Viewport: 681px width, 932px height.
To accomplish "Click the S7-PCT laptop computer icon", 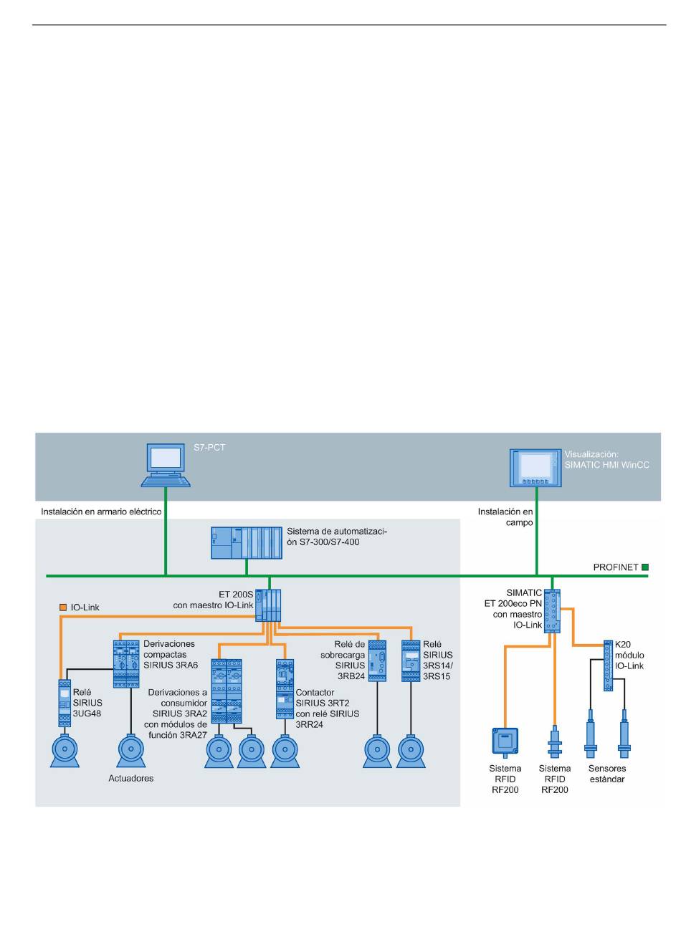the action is pos(166,465).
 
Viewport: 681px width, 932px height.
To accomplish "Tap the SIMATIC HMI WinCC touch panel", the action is pos(535,468).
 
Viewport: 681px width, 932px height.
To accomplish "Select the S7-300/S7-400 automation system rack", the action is pos(247,542).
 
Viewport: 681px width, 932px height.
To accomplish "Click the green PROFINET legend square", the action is pos(644,567).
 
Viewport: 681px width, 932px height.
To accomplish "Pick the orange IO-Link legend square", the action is pos(63,607).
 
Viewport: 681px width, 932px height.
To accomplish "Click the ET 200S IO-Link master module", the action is pos(268,605).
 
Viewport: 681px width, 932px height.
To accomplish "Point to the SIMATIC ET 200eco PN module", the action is pos(553,611).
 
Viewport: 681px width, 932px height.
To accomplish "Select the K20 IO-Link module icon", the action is pos(608,666).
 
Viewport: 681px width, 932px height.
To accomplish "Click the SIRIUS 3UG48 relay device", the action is pos(65,703).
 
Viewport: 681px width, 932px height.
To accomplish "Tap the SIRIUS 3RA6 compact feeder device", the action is pos(126,663).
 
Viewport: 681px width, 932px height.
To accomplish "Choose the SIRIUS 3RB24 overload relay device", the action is pos(377,660).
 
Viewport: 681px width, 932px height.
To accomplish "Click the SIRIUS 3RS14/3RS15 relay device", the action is pos(411,660).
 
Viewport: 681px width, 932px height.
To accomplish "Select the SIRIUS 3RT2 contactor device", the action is pos(285,689).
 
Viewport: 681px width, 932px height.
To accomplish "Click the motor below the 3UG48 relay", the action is pos(65,751).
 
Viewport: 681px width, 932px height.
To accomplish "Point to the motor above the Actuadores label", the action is pos(130,751).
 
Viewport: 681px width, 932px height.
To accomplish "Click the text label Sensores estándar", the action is pos(607,774).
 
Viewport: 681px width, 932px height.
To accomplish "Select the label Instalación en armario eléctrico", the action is pos(101,511).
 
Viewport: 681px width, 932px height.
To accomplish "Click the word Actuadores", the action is pos(130,778).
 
